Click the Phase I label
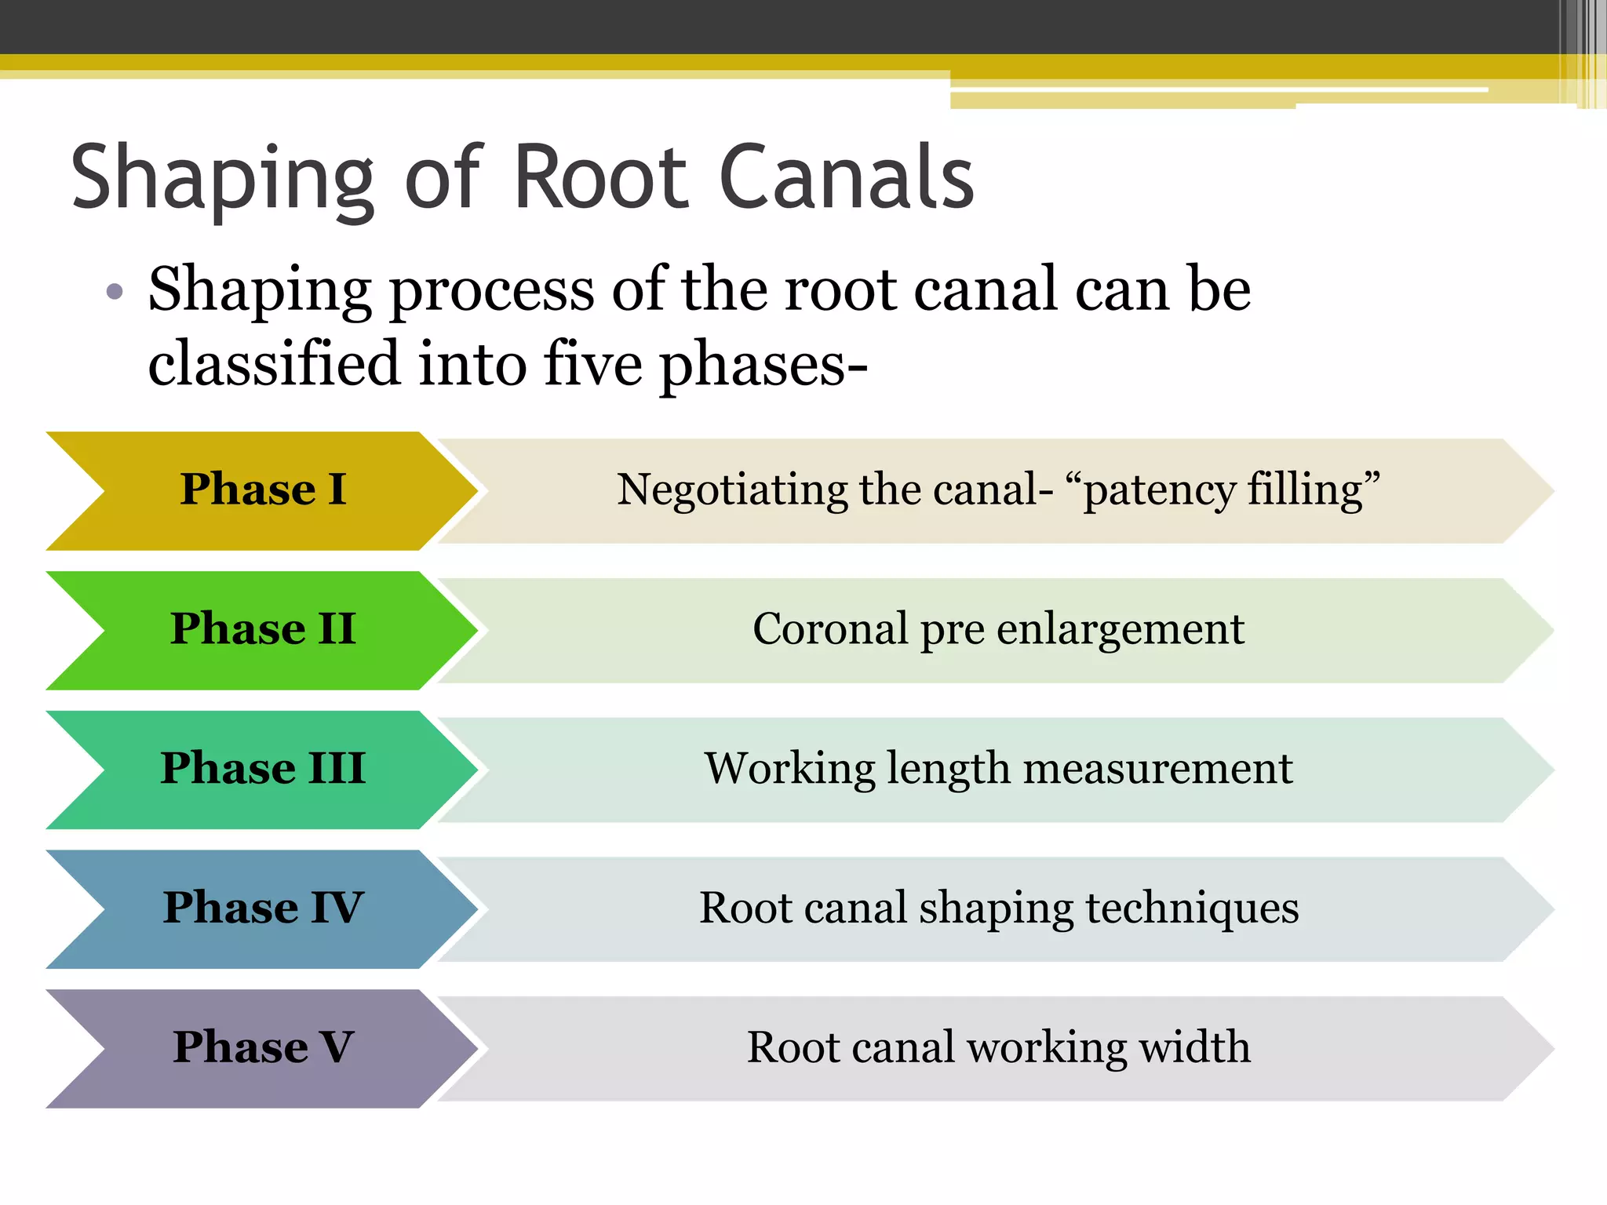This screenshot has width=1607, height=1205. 263,490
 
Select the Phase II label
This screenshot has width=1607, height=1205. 263,629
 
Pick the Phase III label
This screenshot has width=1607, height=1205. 263,768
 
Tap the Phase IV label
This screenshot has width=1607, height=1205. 263,908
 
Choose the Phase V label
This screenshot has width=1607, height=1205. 263,1047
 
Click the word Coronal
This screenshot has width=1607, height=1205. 829,629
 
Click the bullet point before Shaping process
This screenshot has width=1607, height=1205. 115,292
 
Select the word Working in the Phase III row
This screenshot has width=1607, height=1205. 789,769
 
